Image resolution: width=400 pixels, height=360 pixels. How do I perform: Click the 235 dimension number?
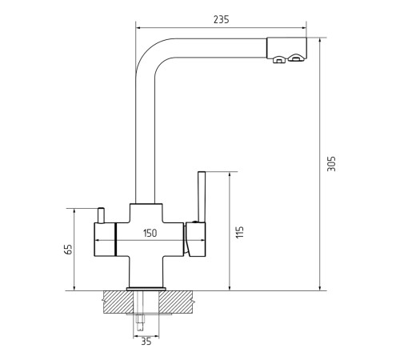click(221, 19)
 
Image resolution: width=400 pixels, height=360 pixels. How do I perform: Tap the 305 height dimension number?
click(331, 163)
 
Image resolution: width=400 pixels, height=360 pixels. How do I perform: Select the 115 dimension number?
click(239, 232)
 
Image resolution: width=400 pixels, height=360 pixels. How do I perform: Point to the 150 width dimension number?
click(150, 233)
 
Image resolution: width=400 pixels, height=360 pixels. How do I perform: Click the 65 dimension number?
click(69, 249)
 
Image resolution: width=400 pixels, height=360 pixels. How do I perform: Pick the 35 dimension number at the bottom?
click(146, 342)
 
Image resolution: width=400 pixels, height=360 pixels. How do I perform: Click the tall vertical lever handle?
click(202, 197)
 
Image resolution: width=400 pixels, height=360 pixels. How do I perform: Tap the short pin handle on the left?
click(101, 215)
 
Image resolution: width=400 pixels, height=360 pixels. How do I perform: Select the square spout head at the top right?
click(286, 48)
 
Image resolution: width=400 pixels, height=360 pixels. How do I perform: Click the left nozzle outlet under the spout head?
click(278, 60)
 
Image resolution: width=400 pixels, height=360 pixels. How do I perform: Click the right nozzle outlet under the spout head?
click(294, 58)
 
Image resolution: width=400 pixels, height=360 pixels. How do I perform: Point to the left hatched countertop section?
click(118, 302)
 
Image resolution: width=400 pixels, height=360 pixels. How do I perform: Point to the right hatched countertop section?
click(175, 302)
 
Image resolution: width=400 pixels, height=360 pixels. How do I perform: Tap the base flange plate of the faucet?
click(146, 289)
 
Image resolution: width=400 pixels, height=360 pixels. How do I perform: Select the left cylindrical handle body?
click(105, 239)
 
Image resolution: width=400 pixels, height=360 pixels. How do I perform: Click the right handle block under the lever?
click(195, 239)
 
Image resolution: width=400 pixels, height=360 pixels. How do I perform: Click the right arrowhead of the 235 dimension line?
click(304, 27)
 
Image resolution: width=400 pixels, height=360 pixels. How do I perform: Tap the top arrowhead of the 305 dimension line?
click(320, 41)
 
